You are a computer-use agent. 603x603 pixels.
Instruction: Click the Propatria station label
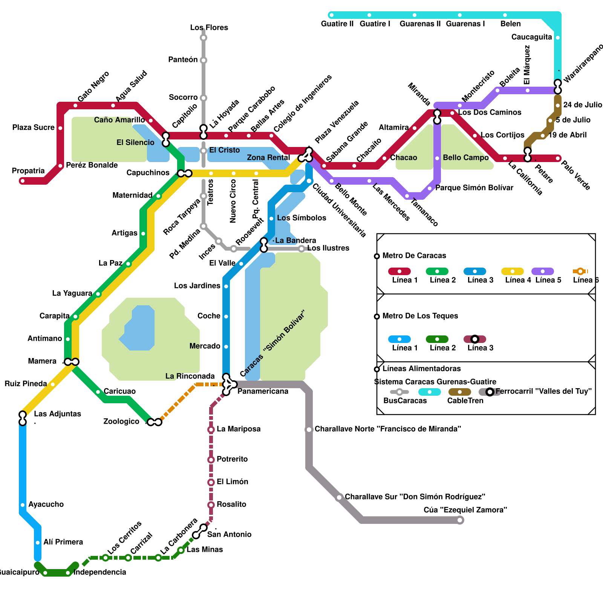coord(28,171)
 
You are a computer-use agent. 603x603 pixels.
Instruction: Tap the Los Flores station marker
coord(204,38)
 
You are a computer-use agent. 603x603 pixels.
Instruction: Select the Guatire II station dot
coord(331,15)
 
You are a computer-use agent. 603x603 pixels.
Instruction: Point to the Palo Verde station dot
coord(558,158)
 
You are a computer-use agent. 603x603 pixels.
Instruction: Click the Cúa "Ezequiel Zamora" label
coord(465,510)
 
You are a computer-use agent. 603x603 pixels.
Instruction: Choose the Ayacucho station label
coord(46,504)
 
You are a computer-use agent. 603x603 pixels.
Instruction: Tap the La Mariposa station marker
coord(211,430)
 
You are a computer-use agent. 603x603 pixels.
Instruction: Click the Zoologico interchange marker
coord(155,422)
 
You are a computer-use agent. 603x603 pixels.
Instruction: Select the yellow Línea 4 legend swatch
coord(512,271)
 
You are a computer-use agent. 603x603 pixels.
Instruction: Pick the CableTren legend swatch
coord(459,392)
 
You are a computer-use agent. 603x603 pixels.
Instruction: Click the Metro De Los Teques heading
coord(420,316)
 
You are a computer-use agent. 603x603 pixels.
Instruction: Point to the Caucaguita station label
coord(531,37)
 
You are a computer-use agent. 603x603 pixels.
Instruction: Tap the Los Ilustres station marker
coord(301,249)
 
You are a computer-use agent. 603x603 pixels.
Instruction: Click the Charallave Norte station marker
coord(309,430)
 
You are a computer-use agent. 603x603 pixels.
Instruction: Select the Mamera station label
coord(42,361)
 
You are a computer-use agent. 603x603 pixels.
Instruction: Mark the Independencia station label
coord(100,572)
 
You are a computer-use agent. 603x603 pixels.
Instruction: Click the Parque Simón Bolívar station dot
coord(430,188)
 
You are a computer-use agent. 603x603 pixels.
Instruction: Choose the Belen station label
coord(510,24)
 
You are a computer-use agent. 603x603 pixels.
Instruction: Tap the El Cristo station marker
coord(204,151)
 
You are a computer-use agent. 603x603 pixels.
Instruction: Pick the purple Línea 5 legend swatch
coord(542,271)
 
